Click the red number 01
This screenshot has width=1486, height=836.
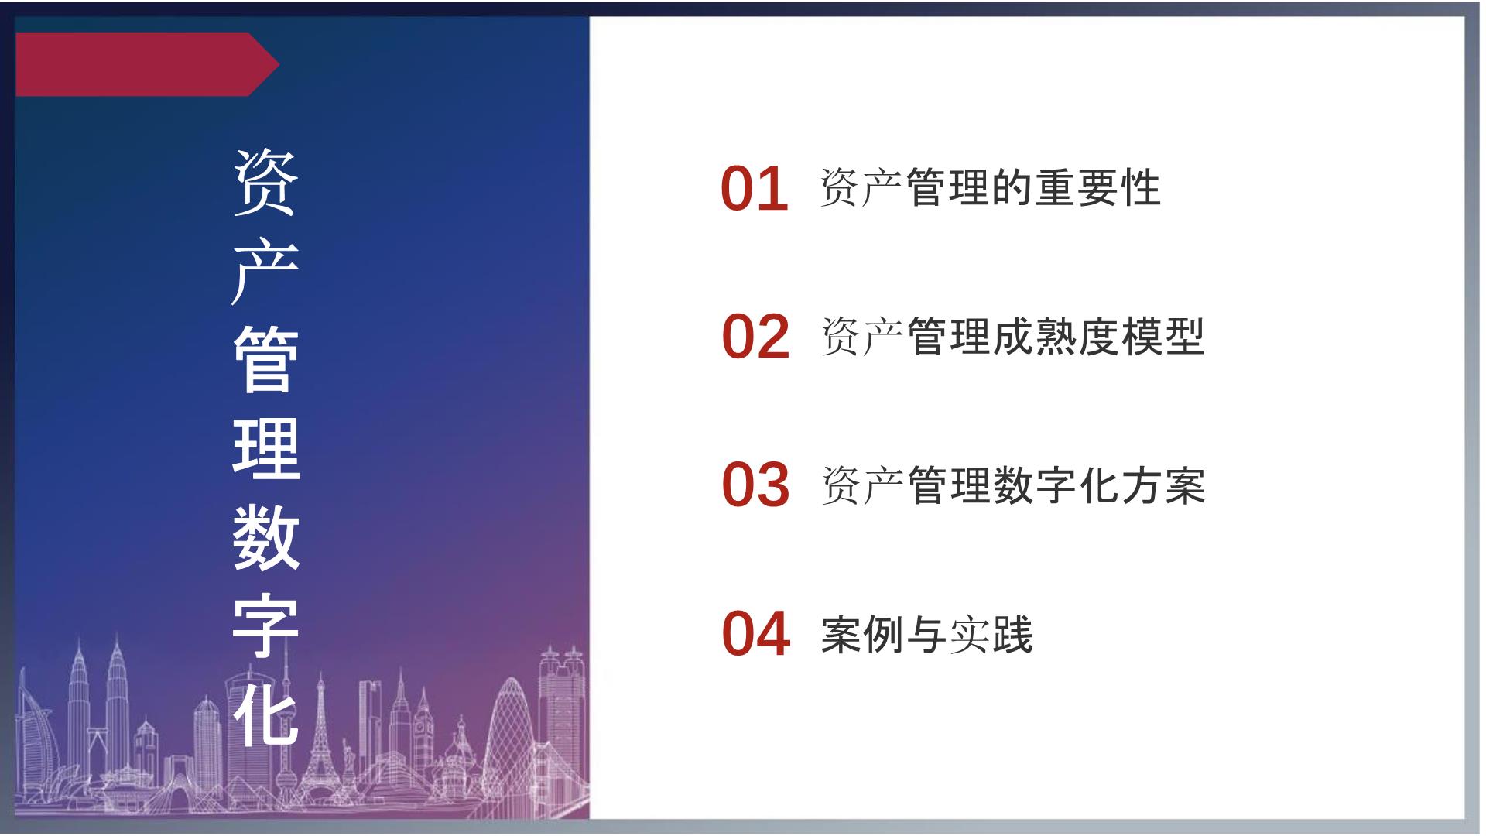(x=755, y=189)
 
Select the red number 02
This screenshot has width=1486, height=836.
(x=755, y=337)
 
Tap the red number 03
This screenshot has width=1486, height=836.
(x=755, y=485)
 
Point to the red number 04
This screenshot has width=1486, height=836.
(x=755, y=633)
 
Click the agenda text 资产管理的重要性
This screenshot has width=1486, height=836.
(x=991, y=187)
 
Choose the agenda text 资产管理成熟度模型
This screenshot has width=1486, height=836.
(x=1012, y=336)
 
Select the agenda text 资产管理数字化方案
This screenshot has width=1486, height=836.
(x=1012, y=485)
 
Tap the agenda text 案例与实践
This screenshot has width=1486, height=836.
(x=926, y=635)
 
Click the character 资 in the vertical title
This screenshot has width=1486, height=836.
(x=265, y=182)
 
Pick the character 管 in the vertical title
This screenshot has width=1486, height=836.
(x=265, y=359)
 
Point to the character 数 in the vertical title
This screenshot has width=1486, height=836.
(x=265, y=536)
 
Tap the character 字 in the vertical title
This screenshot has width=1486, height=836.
(x=265, y=625)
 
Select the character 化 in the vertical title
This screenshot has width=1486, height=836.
(x=265, y=714)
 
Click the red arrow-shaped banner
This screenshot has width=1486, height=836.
(x=147, y=64)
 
